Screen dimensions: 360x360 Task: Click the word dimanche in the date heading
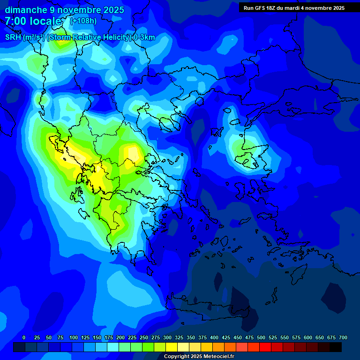point(23,10)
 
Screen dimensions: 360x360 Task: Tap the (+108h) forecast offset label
point(83,21)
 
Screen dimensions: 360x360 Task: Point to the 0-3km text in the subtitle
point(144,37)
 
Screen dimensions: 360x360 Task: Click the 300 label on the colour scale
point(167,337)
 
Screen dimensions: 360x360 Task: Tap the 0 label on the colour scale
point(24,337)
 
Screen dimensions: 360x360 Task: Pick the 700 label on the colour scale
point(343,337)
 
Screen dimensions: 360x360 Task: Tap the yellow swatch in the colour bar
point(172,347)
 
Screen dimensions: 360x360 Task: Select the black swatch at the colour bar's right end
point(336,347)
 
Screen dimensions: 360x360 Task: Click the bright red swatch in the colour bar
point(265,347)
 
